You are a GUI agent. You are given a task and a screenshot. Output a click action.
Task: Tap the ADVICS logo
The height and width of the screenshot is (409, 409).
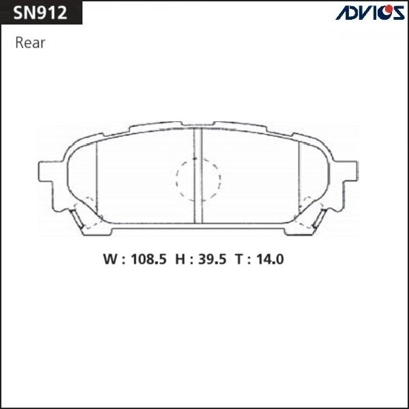coord(369,13)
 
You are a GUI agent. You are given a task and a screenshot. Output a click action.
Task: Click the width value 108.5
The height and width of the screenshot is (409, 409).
coord(145,259)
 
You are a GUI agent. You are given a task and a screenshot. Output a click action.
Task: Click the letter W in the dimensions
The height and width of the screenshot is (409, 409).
coord(110,259)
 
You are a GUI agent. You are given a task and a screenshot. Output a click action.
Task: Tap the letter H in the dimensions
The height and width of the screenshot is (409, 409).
coord(182,259)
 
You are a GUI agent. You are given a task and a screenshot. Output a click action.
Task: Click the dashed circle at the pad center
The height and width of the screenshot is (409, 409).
coord(198,179)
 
